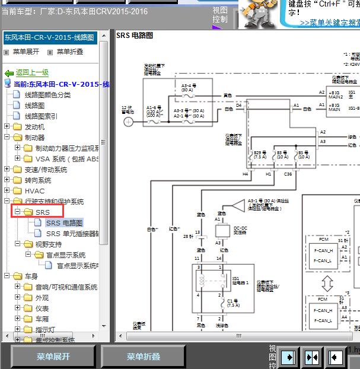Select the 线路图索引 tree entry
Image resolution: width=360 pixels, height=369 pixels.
coord(41,116)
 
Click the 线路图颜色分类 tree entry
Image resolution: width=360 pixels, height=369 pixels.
coord(47,95)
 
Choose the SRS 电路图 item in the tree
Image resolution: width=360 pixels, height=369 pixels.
coord(64,223)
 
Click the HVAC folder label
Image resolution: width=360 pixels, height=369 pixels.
coord(34,191)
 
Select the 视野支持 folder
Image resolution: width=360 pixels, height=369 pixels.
coord(48,244)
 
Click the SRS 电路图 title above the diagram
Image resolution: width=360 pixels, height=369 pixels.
coord(135,36)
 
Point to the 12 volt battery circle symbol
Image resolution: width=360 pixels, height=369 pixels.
coord(128,122)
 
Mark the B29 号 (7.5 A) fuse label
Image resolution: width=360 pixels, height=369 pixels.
coord(260,155)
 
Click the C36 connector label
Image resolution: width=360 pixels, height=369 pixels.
coord(288,174)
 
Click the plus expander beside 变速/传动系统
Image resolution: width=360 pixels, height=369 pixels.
coord(7,170)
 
